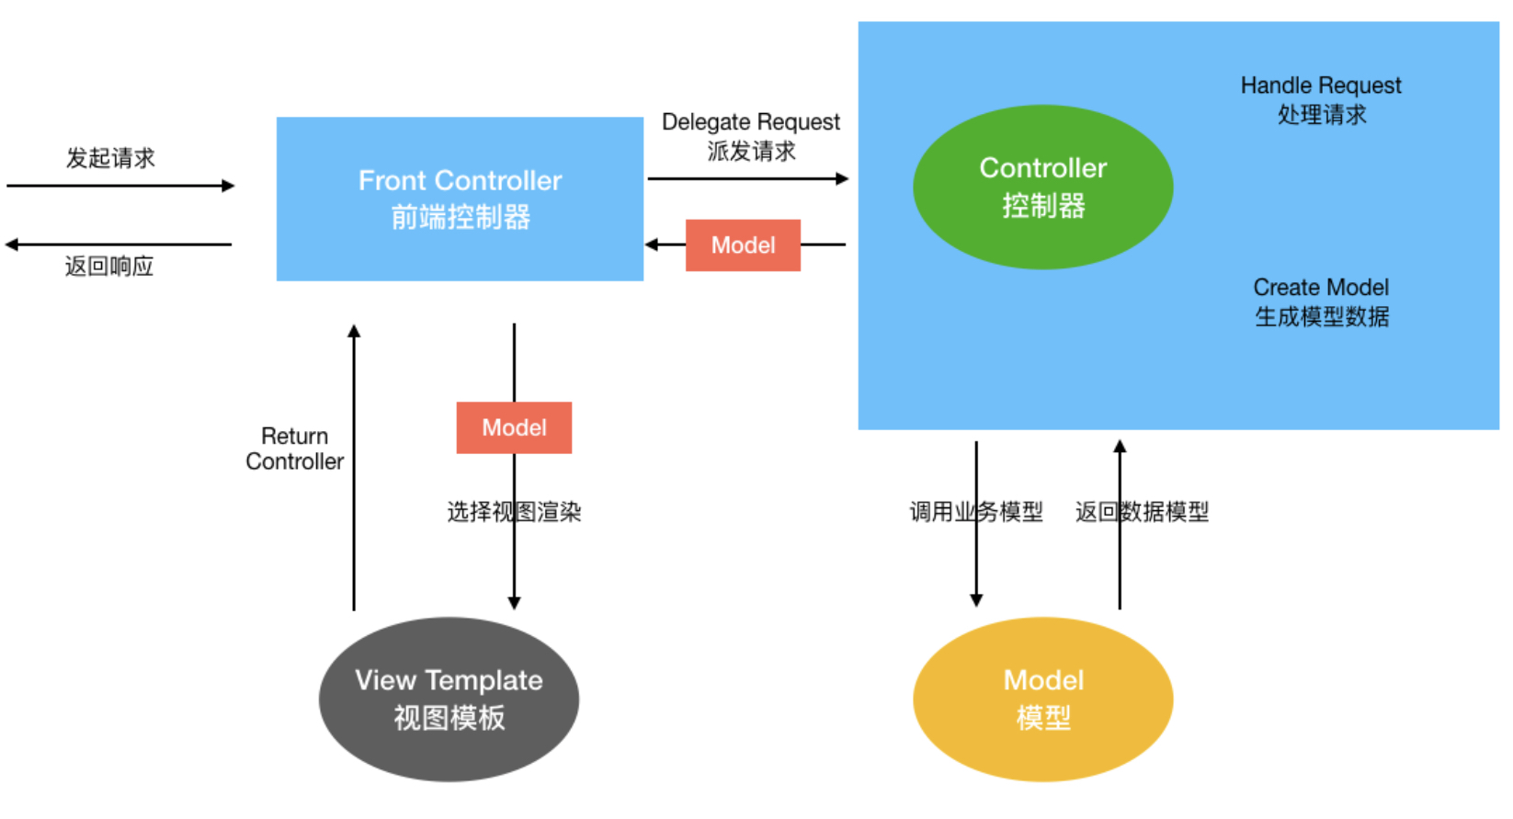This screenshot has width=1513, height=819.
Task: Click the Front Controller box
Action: pos(460,199)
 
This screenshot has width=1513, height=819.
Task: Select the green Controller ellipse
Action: pos(1043,187)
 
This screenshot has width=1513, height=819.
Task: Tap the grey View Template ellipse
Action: pos(449,700)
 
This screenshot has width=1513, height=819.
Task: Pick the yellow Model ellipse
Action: pos(1043,700)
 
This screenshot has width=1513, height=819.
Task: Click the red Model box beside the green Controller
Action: pos(743,245)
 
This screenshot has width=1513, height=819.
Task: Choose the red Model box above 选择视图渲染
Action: pos(514,427)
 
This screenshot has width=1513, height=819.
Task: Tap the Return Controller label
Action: pos(294,449)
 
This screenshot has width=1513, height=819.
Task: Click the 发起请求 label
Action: pos(111,158)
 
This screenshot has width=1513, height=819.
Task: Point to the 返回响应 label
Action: pos(109,266)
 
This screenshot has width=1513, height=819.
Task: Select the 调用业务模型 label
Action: pos(976,512)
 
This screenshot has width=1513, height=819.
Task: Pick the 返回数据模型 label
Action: pos(1143,512)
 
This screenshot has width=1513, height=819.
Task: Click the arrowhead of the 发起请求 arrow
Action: pos(228,186)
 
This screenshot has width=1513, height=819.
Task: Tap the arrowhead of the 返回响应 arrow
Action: pos(11,245)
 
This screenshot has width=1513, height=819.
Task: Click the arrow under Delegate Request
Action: pos(748,179)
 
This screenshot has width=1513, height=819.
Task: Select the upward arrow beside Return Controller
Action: pos(354,467)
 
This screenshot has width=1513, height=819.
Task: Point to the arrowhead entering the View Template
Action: pos(514,603)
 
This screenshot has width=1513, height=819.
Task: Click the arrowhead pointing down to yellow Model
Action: pos(976,600)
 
